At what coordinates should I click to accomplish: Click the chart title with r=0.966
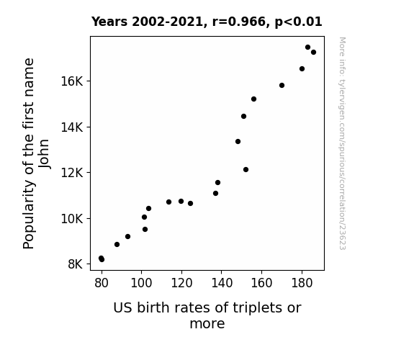207,22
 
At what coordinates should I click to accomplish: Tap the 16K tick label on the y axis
72,81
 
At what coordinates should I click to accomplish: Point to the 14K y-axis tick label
72,127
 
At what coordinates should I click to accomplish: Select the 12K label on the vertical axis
72,173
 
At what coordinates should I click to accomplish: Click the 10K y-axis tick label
72,219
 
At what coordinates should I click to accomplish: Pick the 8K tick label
76,264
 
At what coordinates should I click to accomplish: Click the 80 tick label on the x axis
102,283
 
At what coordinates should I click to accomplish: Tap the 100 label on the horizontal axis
142,283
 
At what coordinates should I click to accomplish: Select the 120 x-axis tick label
181,283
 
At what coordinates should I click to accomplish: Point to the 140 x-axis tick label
222,283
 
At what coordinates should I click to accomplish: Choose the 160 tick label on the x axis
261,283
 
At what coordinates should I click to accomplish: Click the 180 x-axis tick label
302,283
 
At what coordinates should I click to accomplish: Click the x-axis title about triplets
207,315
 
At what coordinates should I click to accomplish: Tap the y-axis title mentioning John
36,153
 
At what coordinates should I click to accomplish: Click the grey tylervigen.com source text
342,143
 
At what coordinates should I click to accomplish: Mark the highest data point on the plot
307,48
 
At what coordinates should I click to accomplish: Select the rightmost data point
313,53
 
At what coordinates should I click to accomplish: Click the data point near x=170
282,85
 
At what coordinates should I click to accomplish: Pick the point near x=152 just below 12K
246,170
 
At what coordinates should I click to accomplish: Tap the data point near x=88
117,245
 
